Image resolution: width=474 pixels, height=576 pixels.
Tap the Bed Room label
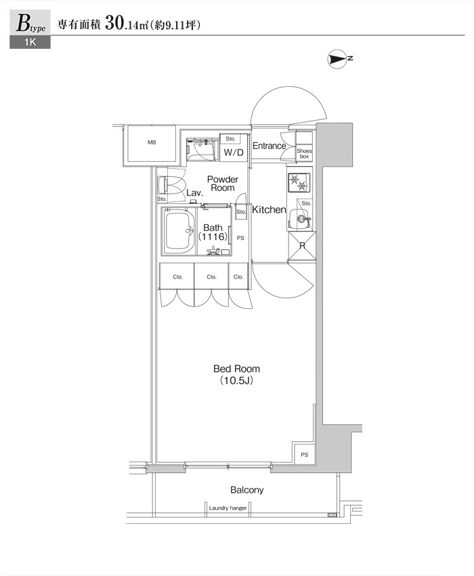[236, 369]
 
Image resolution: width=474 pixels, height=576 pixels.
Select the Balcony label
[246, 490]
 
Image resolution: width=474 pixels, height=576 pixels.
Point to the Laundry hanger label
[228, 508]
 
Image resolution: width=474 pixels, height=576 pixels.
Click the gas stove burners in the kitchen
[299, 182]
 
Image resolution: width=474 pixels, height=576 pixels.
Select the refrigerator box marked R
[302, 246]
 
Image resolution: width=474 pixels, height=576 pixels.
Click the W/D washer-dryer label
[234, 152]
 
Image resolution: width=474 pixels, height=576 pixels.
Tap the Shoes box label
[304, 154]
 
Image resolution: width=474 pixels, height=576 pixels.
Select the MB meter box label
[152, 142]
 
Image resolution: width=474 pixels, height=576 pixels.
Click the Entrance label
[269, 146]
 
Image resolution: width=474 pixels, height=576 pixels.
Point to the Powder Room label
[223, 184]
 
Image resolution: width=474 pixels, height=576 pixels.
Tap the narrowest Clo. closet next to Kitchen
[238, 276]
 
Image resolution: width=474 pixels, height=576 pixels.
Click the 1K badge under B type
[30, 42]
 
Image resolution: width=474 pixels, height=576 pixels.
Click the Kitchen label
[269, 210]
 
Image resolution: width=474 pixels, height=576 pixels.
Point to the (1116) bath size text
[213, 237]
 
